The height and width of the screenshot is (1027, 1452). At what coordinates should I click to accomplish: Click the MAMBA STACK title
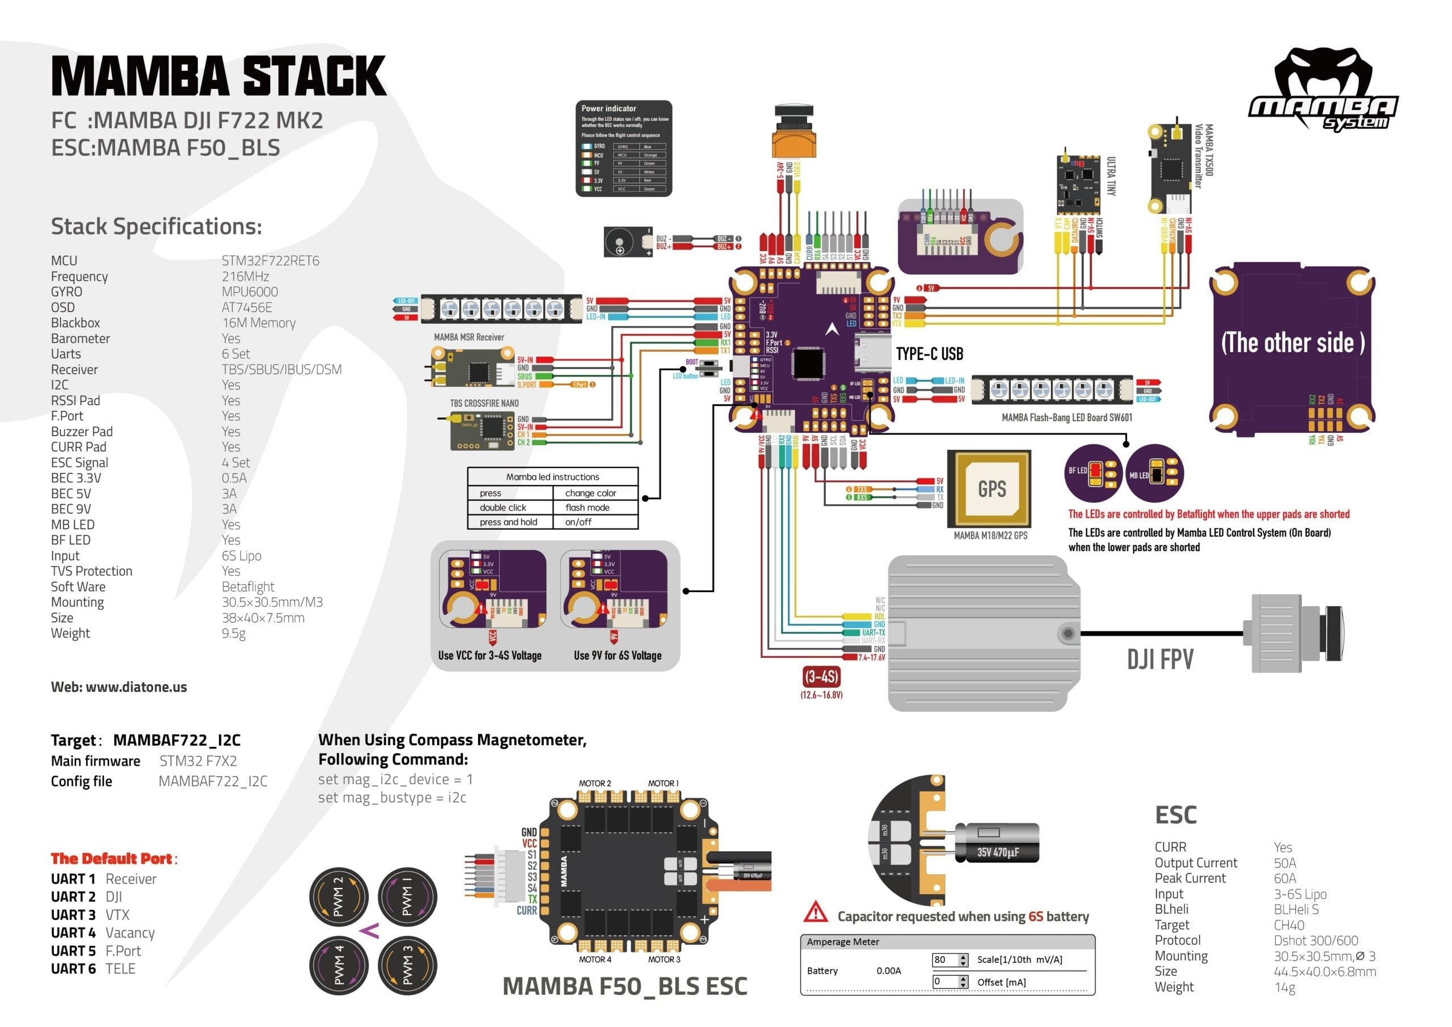(218, 76)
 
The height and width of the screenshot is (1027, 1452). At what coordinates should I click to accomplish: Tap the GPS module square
(991, 488)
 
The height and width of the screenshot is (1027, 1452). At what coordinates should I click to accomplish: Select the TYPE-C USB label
(929, 354)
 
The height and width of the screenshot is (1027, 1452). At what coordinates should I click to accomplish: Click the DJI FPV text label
(1160, 660)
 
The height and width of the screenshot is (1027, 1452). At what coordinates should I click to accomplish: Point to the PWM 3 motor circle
(407, 966)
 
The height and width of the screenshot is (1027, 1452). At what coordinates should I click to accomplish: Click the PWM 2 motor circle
(339, 897)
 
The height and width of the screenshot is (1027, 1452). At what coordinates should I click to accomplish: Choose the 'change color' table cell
(590, 493)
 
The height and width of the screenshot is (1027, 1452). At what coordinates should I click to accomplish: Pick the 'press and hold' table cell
(508, 522)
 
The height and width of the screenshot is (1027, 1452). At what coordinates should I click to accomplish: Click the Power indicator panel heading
(609, 109)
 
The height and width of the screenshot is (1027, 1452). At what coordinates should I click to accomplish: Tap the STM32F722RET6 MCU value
(270, 260)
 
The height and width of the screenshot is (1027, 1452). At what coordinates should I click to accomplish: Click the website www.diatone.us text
(119, 687)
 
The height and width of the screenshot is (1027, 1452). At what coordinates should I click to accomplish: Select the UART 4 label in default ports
(73, 933)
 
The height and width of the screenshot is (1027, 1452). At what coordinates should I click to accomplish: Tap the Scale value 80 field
(944, 960)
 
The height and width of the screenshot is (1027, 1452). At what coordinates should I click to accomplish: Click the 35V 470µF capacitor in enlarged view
(997, 843)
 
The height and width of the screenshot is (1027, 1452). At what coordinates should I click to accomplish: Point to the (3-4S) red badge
(821, 677)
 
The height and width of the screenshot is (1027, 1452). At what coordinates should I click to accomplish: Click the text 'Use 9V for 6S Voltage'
(617, 656)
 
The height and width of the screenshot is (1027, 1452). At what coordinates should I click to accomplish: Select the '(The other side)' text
(1292, 343)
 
